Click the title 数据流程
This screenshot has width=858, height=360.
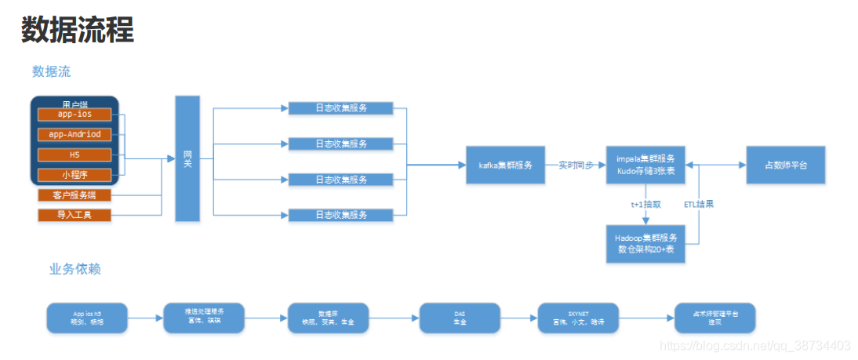tap(77, 30)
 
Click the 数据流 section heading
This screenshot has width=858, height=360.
tap(51, 71)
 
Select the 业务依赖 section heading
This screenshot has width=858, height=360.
tap(75, 269)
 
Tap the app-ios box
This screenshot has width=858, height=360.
tap(75, 115)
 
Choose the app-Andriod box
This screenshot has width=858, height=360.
tap(75, 134)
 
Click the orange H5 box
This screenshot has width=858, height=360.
tap(75, 155)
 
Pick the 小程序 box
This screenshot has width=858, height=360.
tap(75, 174)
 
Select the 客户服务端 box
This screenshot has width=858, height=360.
tap(75, 195)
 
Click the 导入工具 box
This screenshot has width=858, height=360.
tap(75, 214)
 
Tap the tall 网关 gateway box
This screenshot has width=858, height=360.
tap(187, 158)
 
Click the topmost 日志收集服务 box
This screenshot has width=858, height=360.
tap(340, 108)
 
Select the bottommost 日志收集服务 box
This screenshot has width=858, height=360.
tap(340, 215)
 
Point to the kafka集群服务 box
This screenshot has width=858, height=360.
tap(505, 165)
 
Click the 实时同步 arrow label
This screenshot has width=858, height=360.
tap(576, 165)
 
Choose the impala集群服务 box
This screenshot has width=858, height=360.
tap(645, 165)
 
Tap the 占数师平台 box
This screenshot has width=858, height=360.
tap(785, 165)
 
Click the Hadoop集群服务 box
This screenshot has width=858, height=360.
tap(645, 243)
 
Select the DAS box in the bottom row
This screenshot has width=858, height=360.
tap(460, 317)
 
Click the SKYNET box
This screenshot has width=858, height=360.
tap(577, 317)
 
